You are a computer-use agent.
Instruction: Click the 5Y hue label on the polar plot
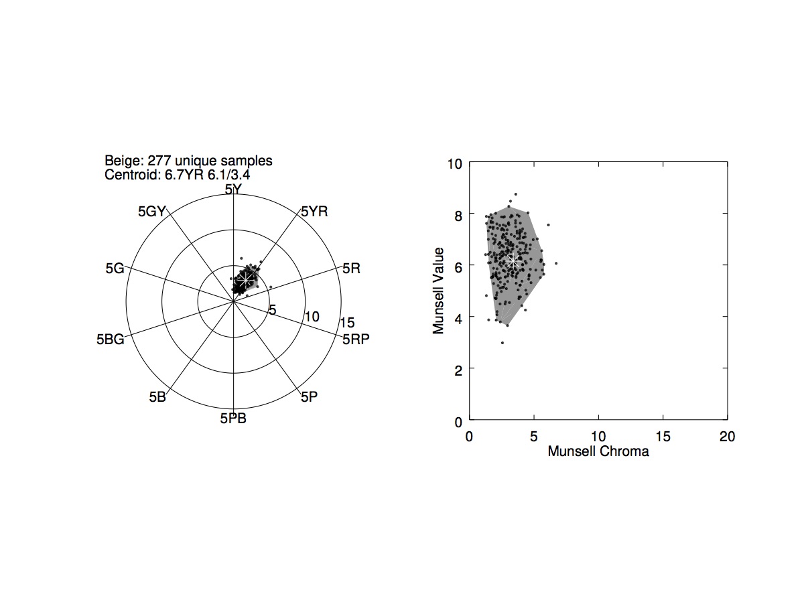(233, 190)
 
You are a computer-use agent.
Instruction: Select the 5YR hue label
(314, 212)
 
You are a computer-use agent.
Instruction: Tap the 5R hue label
(351, 269)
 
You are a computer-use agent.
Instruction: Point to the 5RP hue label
(356, 339)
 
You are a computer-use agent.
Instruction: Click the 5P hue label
(309, 397)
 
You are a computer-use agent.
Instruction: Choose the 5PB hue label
(233, 419)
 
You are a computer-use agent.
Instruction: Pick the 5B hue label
(157, 396)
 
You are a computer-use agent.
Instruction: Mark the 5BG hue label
(110, 339)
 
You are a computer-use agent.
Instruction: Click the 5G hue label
(115, 269)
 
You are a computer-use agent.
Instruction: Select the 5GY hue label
(151, 212)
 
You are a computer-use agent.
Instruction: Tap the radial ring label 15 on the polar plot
(346, 322)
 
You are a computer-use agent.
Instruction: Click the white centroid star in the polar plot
(246, 278)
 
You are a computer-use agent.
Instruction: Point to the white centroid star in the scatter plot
(513, 260)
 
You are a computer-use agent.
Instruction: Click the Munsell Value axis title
(439, 291)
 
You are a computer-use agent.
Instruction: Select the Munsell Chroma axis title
(598, 451)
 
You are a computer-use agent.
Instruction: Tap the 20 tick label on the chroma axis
(727, 437)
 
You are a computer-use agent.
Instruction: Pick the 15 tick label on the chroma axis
(663, 437)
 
